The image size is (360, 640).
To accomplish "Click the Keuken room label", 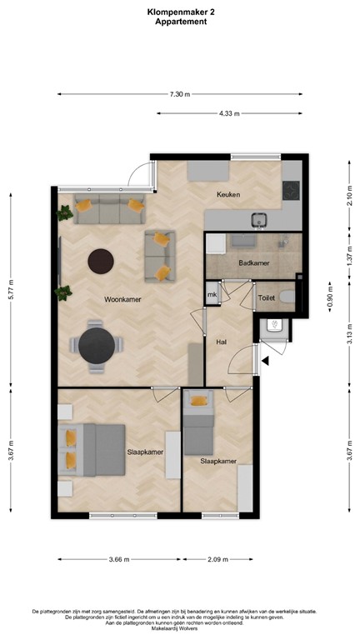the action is coord(228,195).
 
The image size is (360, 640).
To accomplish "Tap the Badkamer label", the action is coord(254,263).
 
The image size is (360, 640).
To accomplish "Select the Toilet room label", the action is coord(267,298).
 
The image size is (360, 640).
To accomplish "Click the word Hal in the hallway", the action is coord(221,342).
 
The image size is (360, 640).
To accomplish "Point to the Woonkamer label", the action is coord(122,300).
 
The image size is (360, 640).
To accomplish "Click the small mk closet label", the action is coord(212,295).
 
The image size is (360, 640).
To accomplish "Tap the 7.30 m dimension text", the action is coord(180,94).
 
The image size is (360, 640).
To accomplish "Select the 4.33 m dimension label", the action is coord(229,113).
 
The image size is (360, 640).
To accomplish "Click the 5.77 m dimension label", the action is coord(11,290).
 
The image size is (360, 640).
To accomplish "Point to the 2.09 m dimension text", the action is coord(218,560).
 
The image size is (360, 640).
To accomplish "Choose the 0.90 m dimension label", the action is coord(330,297).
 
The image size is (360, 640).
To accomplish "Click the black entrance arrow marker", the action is coord(265,361).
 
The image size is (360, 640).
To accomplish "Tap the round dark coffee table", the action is coord(101,262).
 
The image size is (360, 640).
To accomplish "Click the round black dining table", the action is coord(97,346).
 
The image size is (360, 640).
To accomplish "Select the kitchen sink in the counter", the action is coord(258,220).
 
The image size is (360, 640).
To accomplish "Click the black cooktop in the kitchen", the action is coord(291,190).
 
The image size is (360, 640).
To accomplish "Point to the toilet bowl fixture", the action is coord(287,297).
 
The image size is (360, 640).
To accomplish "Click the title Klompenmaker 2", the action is coord(181,12).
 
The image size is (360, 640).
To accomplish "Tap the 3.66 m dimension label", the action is coord(119,560).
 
